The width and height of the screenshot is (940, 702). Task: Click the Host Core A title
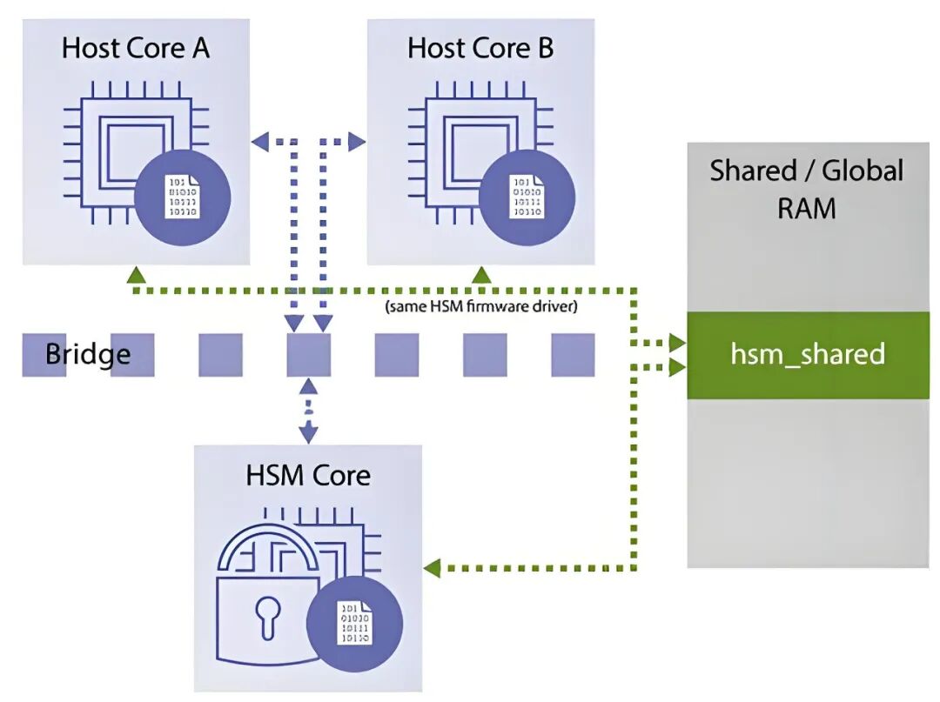136,48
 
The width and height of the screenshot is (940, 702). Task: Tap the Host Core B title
480,48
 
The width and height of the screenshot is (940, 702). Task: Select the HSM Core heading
308,475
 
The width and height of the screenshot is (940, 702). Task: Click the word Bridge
88,355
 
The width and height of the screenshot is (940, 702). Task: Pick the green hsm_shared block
807,355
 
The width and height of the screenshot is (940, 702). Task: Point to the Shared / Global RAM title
806,189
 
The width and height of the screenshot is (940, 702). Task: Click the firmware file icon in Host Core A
181,197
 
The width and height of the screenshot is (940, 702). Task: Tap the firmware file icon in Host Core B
525,197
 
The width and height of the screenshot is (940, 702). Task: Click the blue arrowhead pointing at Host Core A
259,140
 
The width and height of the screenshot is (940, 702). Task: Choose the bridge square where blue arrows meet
309,355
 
